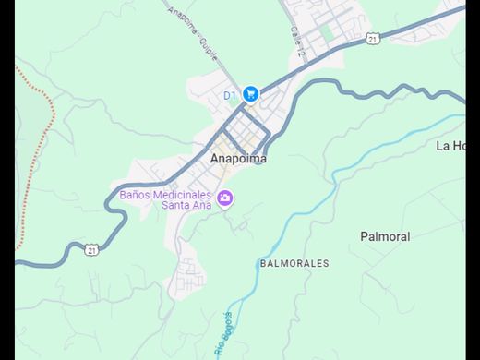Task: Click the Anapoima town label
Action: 238,158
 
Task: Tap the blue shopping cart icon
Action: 251,93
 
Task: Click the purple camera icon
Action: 225,198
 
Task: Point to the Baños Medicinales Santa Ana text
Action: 166,199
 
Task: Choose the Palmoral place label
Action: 385,236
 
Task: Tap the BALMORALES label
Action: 294,263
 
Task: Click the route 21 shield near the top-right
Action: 371,38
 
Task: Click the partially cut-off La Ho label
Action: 453,146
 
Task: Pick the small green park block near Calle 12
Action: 326,32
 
